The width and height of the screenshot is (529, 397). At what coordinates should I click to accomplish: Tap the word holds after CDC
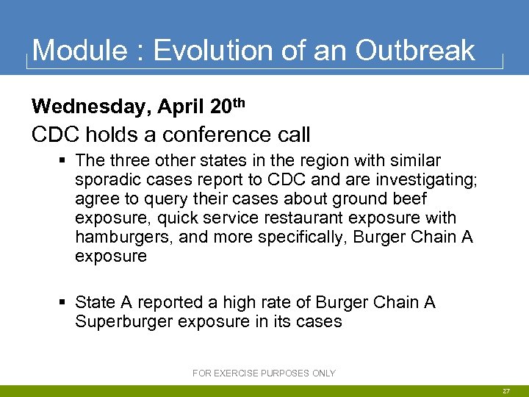tap(110, 135)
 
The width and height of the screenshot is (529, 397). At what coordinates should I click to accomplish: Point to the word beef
tap(408, 199)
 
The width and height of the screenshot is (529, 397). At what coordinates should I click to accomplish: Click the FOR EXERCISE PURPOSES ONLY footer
tap(264, 373)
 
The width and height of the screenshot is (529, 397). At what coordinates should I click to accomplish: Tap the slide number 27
tap(506, 392)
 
